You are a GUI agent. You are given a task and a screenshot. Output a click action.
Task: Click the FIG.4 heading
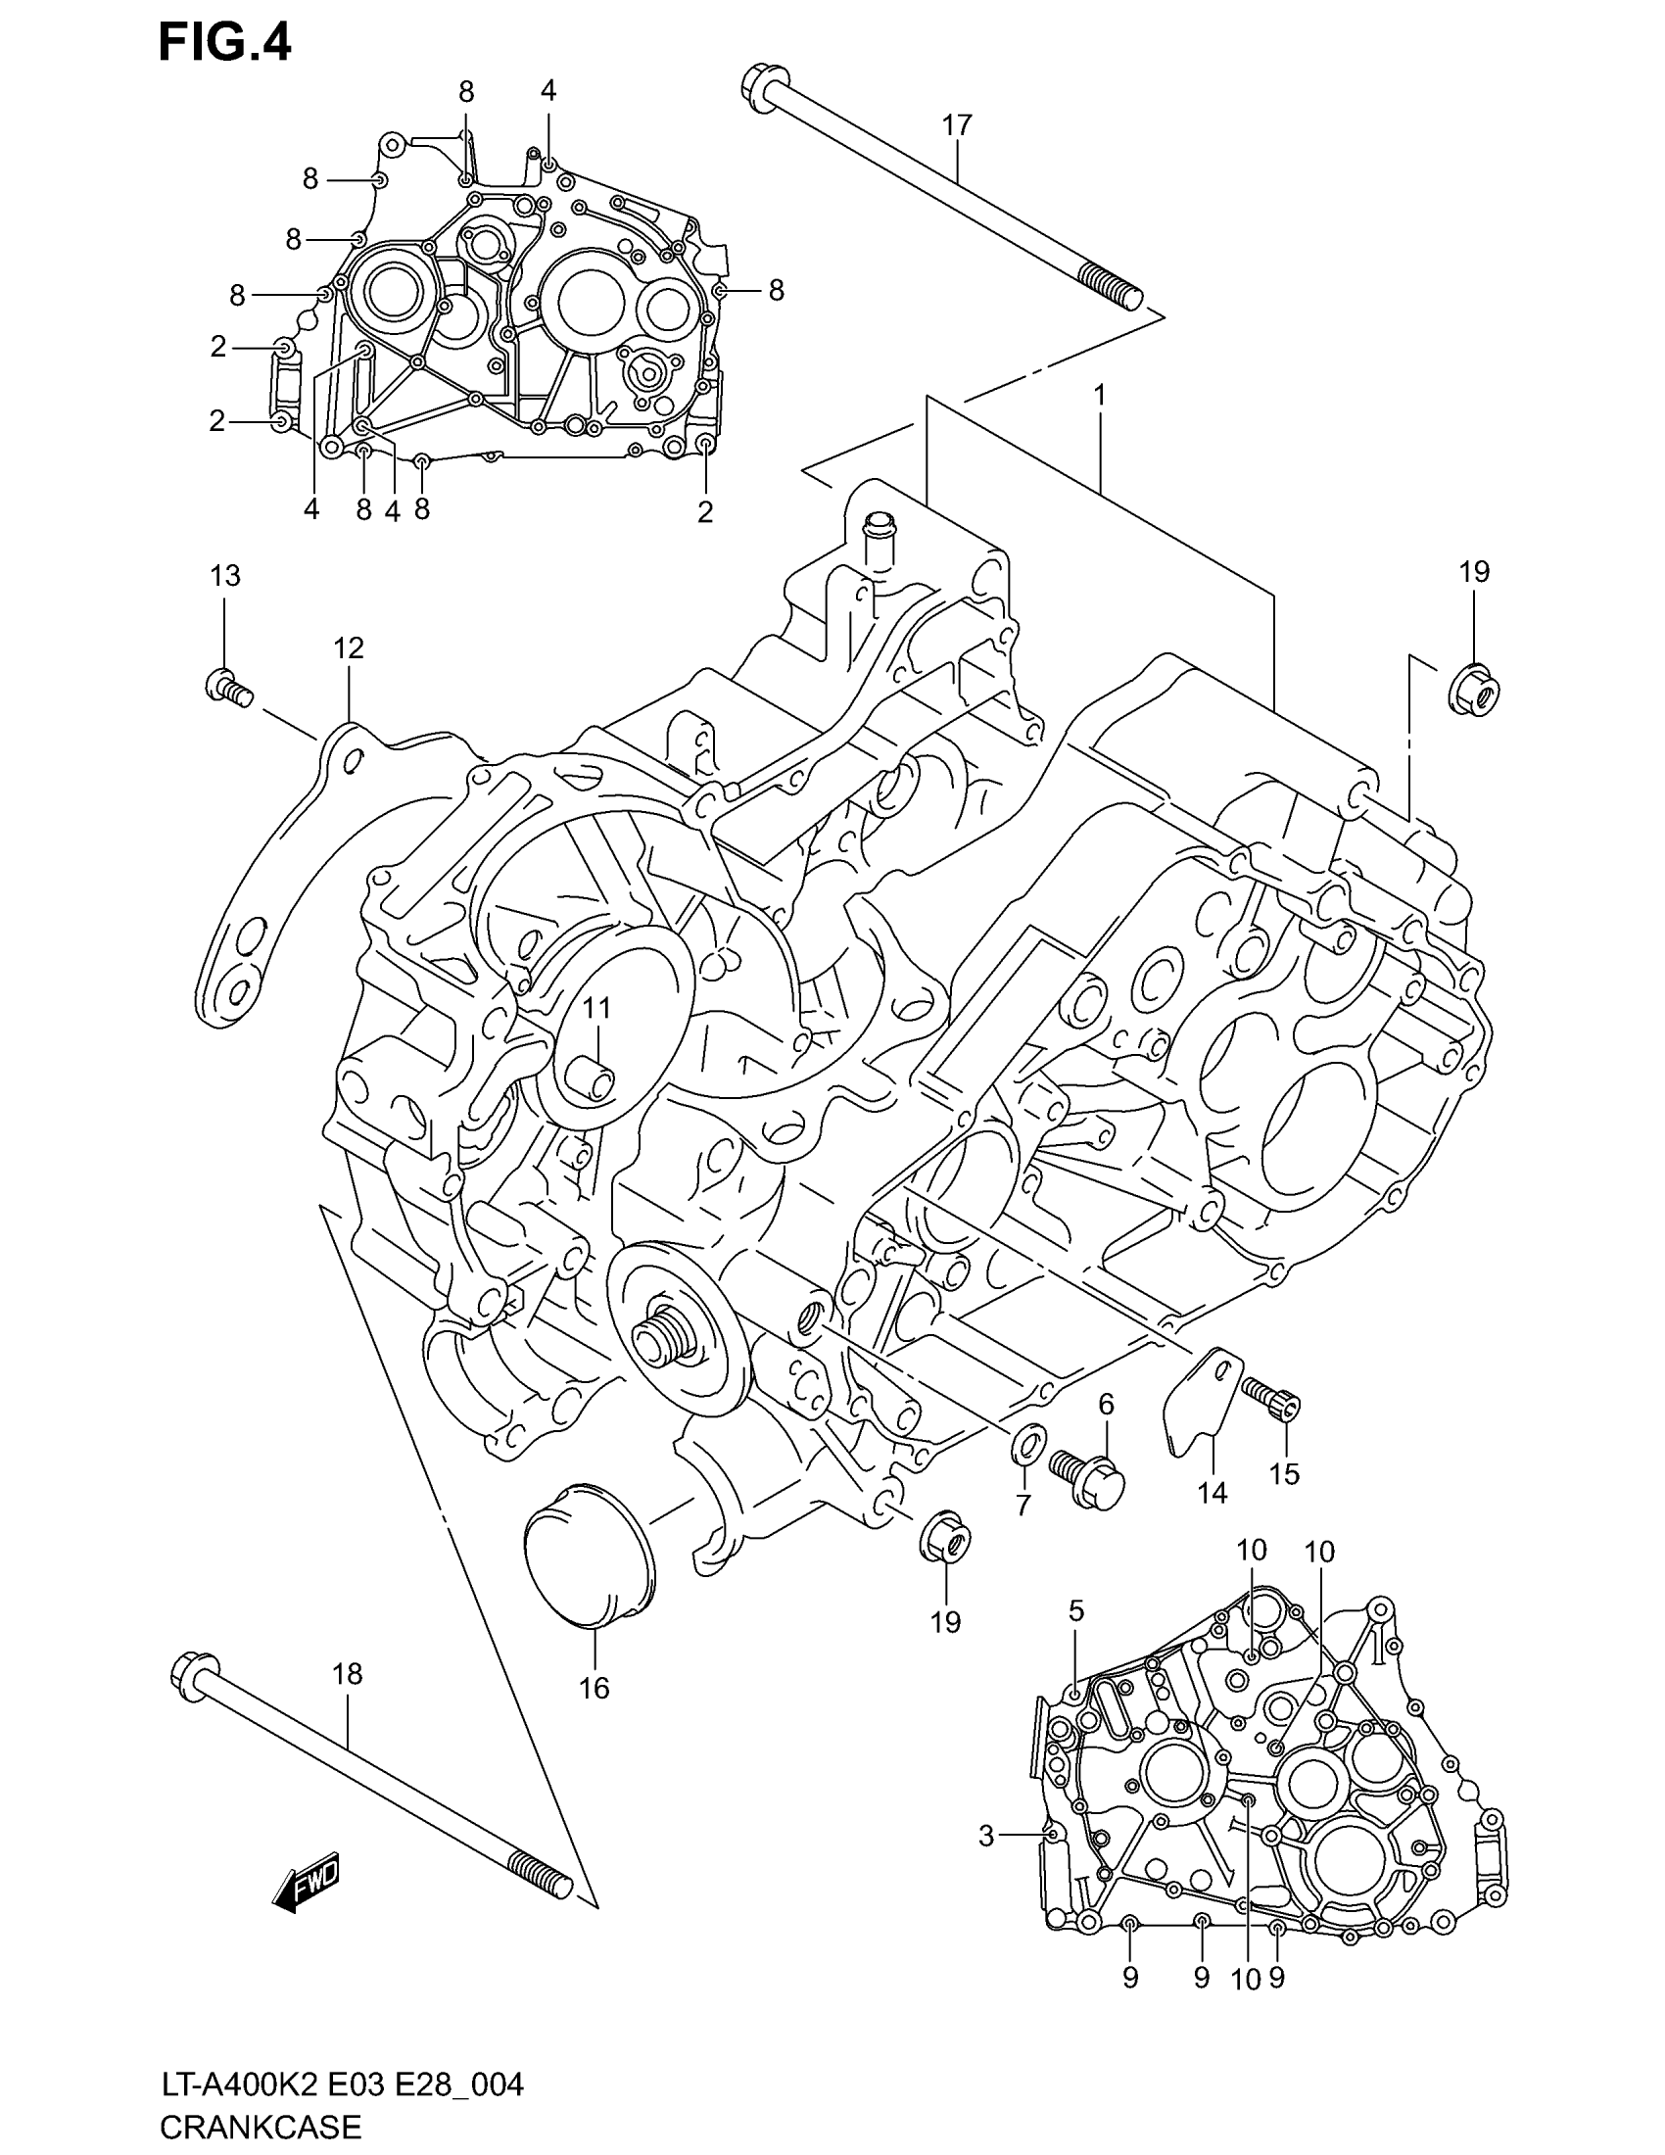225,44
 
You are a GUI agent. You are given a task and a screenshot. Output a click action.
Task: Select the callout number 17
956,125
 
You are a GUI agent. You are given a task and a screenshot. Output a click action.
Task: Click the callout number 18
348,1673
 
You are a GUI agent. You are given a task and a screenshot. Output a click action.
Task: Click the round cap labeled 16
588,1568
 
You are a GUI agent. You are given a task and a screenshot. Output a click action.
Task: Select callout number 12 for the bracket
349,648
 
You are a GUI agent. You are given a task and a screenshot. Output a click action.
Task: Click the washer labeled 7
1025,1449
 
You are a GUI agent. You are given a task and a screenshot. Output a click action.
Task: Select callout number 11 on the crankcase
596,1007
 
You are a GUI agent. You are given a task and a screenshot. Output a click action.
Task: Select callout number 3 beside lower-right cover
985,1837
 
